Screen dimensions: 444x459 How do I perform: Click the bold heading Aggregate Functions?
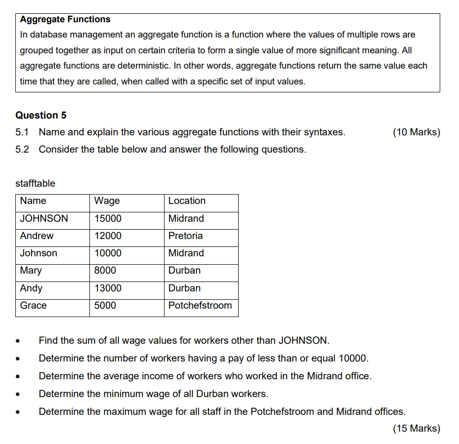65,19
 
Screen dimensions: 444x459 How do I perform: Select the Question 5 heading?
41,115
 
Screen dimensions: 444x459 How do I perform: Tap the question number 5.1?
22,132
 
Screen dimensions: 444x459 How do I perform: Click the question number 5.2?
22,149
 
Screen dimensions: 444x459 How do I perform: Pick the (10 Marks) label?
416,132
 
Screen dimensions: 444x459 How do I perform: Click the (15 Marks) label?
416,428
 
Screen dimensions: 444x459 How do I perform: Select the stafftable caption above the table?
35,183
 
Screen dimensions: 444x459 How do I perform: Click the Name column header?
33,201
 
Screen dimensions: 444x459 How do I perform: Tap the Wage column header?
107,201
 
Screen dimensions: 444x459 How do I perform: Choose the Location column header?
187,201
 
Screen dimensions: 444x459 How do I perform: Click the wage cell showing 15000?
108,218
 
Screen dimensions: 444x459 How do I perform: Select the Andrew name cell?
37,236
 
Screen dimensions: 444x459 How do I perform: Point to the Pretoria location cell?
185,236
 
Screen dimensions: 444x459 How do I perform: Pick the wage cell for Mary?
105,270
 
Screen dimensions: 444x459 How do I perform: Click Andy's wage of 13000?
108,288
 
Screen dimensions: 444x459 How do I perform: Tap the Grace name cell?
33,305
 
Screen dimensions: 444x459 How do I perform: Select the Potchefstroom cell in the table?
200,305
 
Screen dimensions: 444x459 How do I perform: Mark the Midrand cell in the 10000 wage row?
186,253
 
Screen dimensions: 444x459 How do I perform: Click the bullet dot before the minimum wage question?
18,395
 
